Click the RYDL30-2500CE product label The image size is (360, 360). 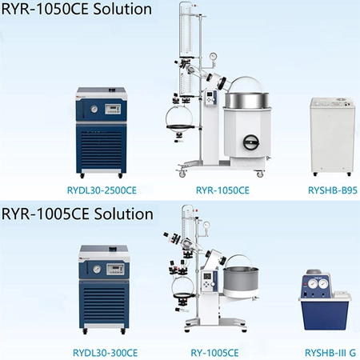(102, 190)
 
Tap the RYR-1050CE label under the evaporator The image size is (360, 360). (222, 190)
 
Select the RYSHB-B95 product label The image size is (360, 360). (333, 190)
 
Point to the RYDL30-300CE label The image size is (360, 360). (105, 353)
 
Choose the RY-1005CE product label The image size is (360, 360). (214, 353)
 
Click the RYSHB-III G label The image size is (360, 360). (330, 353)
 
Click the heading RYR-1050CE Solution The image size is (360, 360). (77, 9)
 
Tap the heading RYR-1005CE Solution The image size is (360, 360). (78, 214)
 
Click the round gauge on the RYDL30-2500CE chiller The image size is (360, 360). (94, 109)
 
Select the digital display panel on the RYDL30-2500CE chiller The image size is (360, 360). (113, 109)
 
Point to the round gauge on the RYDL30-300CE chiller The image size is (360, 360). (97, 269)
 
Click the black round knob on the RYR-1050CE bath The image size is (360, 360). (251, 142)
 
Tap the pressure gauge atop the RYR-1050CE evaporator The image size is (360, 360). (213, 57)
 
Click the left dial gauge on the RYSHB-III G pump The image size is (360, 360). (313, 284)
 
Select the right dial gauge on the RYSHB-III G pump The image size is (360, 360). (323, 284)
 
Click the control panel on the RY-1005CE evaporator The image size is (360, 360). (207, 282)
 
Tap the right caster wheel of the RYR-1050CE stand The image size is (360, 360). (260, 174)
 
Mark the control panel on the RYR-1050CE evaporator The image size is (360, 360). (210, 98)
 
